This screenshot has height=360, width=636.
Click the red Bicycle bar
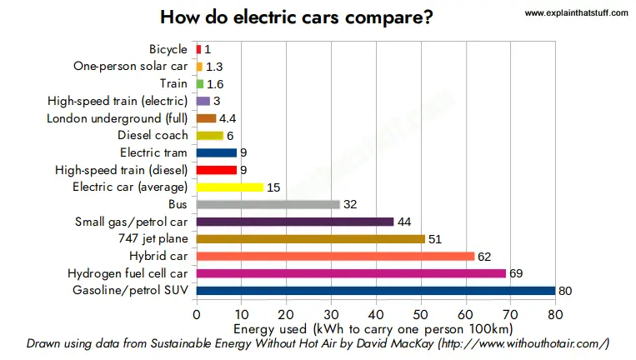198,49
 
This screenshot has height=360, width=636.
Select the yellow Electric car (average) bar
230,187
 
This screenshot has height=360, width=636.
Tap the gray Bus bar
268,204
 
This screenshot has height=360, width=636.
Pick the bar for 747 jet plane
311,239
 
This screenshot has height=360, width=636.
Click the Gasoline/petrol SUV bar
376,291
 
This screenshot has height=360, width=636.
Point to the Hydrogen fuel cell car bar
351,273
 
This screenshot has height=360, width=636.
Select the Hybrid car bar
335,256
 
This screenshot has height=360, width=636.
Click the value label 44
404,222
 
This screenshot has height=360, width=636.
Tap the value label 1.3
214,67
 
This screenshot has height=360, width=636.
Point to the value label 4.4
228,118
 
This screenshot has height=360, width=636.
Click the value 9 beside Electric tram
243,152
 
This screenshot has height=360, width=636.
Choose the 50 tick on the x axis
421,315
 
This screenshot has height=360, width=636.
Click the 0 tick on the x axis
197,315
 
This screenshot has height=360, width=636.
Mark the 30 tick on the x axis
331,315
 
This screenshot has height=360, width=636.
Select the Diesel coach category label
153,135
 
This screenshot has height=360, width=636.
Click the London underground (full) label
118,118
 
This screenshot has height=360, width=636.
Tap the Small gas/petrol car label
131,222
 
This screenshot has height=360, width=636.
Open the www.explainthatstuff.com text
576,13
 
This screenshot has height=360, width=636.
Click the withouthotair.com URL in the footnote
523,344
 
